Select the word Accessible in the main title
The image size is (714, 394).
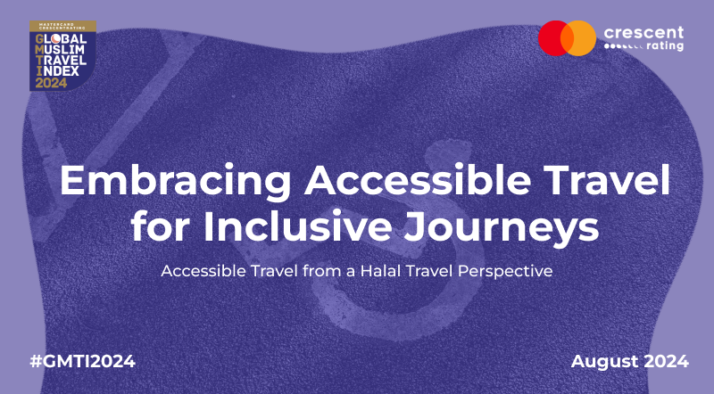tap(418, 180)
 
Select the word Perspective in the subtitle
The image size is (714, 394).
tap(505, 272)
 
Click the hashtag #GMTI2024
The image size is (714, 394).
tap(82, 361)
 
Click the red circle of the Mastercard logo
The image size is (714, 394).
tap(552, 38)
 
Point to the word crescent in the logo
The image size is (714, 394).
tap(643, 33)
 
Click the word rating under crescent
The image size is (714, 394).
tap(665, 46)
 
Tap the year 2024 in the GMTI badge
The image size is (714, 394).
tap(51, 83)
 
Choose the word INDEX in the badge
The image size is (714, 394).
tap(57, 71)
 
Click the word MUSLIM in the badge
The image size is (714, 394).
tap(60, 49)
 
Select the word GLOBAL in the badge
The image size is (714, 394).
tap(61, 38)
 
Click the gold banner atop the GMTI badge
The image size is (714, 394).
tap(62, 26)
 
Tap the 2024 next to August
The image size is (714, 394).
tap(666, 361)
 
